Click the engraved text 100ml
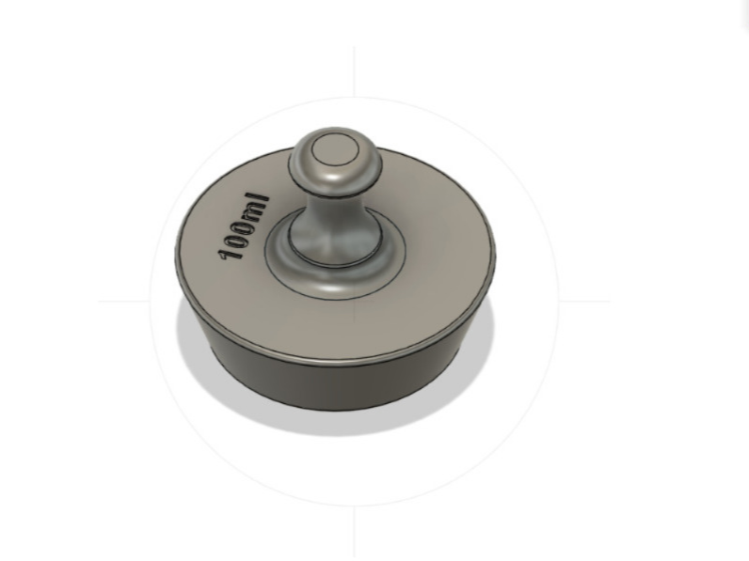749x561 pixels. [243, 226]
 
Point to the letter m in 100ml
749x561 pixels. [253, 210]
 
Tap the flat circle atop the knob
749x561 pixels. [335, 149]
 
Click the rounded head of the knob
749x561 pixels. [335, 158]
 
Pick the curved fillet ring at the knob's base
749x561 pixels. [334, 282]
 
